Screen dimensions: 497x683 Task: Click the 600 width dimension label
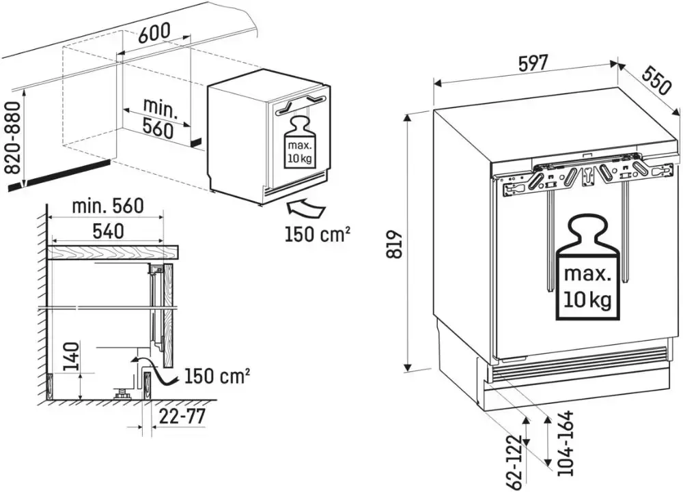(x=154, y=35)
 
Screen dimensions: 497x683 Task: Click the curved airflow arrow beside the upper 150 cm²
(x=305, y=205)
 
